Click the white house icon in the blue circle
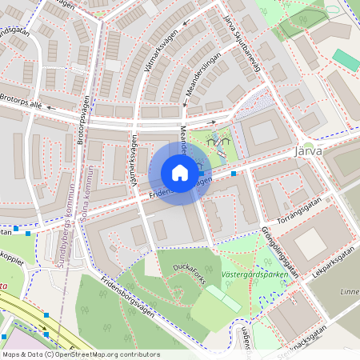(180, 173)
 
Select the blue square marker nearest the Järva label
(234, 173)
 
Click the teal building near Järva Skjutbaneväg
(346, 59)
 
